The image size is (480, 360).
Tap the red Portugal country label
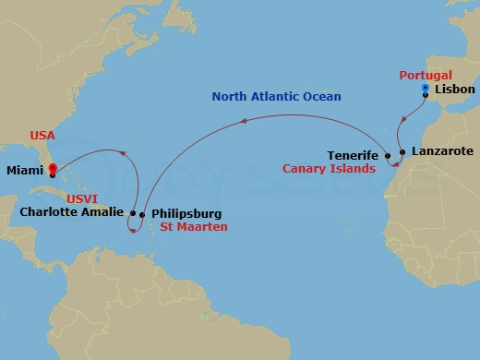click(426, 75)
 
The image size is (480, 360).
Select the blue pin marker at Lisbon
click(425, 89)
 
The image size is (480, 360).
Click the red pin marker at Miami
click(53, 170)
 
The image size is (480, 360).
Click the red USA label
click(42, 135)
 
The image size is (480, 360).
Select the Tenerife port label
click(354, 155)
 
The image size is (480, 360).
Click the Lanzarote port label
click(441, 150)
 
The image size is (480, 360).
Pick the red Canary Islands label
click(342, 169)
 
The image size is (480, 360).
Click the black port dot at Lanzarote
click(402, 150)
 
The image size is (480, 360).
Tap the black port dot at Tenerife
click(388, 156)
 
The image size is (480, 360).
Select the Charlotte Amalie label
click(70, 211)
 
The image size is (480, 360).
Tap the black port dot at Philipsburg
click(141, 215)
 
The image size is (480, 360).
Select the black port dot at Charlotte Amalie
click(133, 212)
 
